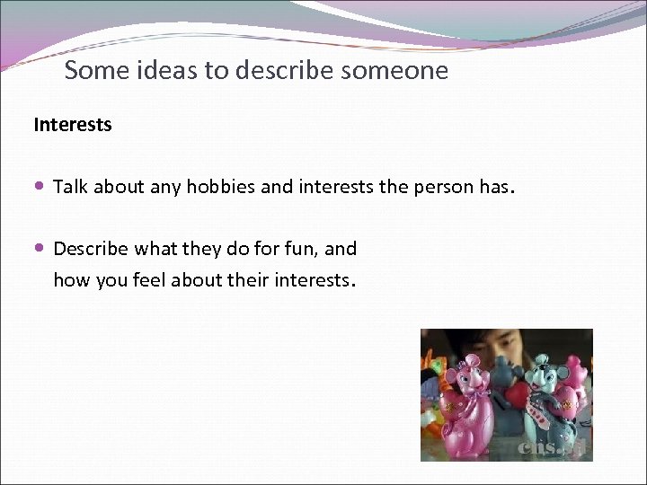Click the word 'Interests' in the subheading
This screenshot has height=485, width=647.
(x=73, y=125)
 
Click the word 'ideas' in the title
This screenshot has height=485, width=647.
(x=168, y=70)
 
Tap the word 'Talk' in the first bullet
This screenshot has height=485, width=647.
(x=71, y=188)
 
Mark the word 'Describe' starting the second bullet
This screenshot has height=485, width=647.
(x=91, y=249)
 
